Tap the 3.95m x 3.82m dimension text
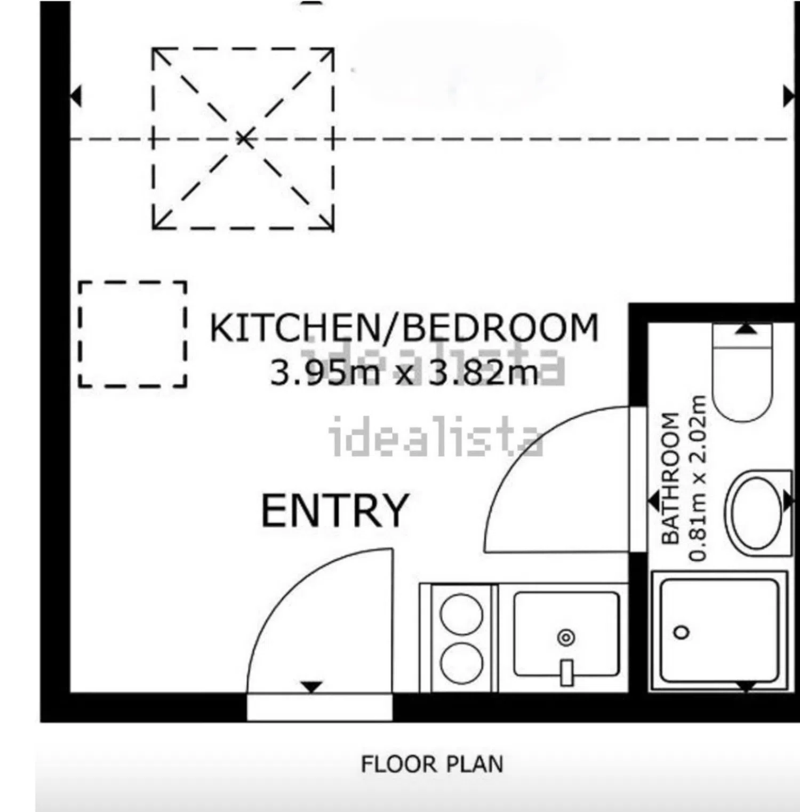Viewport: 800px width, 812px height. coord(404,372)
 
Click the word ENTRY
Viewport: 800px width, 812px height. coord(335,511)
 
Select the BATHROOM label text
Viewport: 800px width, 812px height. coord(670,478)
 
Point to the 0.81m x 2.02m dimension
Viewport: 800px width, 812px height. coord(698,478)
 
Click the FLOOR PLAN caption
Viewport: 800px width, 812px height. coord(432,764)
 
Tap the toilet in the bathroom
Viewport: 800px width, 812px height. coord(742,372)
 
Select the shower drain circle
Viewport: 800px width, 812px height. coord(682,632)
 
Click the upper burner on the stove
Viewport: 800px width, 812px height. coord(461,614)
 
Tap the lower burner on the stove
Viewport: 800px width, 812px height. coord(461,663)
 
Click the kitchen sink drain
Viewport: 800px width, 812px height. coord(566,637)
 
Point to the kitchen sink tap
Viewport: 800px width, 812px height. coord(566,672)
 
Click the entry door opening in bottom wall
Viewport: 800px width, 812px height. coord(319,707)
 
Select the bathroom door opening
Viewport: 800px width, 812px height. coord(638,479)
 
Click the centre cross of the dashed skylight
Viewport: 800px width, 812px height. coord(244,139)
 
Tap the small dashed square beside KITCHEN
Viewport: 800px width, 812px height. coord(133,333)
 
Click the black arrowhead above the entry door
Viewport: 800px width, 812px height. coord(311,687)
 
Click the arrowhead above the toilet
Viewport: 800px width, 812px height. coord(746,329)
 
